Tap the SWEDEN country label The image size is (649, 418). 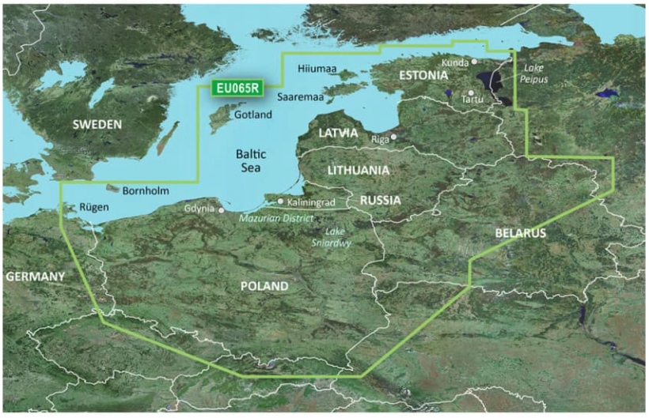pos(97,125)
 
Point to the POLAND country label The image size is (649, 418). pos(264,286)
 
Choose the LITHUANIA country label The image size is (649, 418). pos(359,171)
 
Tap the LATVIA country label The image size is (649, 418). pos(339,134)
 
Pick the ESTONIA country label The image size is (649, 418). pos(423,76)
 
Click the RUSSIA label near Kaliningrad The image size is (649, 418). pos(380,201)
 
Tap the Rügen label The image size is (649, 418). pos(89,209)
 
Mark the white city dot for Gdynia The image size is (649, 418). pos(222,210)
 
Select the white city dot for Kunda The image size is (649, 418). pos(474,61)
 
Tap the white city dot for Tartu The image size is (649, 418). pos(470,92)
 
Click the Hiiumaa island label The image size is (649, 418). pos(317,70)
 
